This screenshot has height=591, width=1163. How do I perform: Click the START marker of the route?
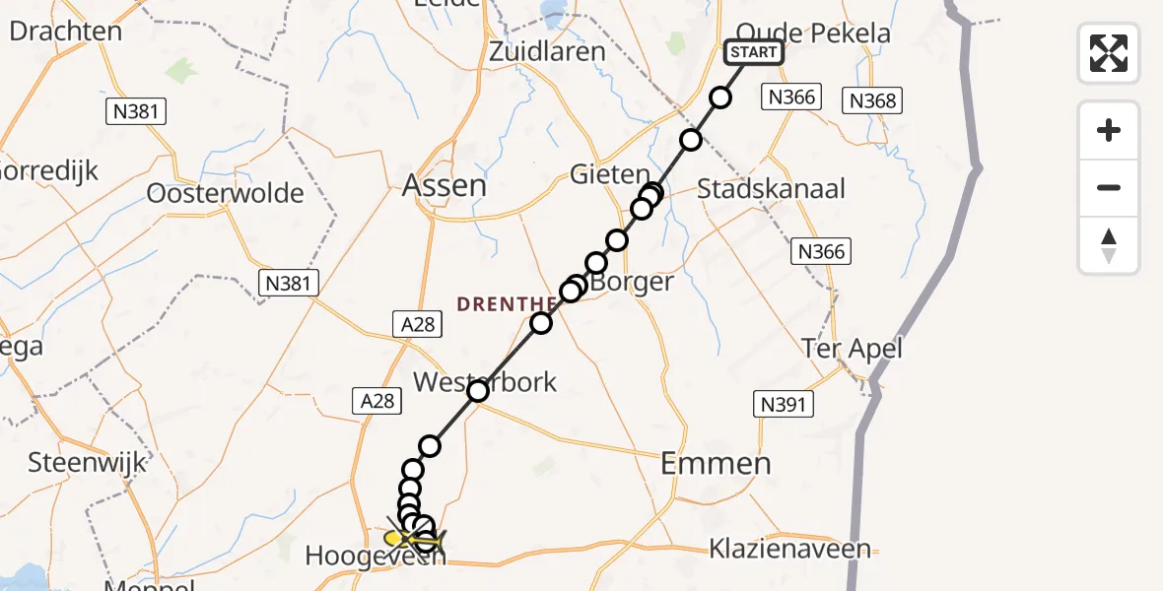point(754,52)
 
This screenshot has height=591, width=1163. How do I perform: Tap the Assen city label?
point(445,184)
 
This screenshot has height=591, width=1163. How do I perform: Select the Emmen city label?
point(716,463)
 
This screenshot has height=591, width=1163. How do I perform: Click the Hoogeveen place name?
point(375,556)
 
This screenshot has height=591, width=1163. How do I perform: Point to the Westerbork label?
point(485,381)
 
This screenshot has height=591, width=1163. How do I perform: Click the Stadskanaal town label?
point(771,188)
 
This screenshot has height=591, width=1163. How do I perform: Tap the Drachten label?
point(65,31)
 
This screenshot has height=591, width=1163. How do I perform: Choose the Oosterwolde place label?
point(225,193)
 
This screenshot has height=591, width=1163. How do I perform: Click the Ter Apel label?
point(852,348)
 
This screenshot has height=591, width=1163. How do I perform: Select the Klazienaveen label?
point(790,549)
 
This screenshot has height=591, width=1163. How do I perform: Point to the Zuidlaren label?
point(548,50)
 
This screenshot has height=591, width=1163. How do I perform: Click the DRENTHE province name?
point(501,304)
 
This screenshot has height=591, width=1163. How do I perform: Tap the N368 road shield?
point(872,100)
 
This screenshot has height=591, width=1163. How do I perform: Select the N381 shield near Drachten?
point(136,111)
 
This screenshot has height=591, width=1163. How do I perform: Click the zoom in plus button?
point(1109,130)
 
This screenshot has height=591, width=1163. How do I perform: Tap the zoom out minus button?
point(1109,187)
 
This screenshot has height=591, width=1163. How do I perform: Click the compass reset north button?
point(1109,244)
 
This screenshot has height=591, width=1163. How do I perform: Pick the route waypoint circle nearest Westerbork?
point(478,391)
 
